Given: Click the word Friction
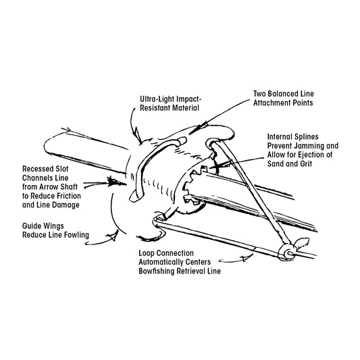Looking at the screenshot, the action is pyautogui.click(x=68, y=196).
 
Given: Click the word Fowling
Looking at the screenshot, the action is pyautogui.click(x=76, y=235).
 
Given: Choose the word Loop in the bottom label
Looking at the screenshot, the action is pyautogui.click(x=145, y=253).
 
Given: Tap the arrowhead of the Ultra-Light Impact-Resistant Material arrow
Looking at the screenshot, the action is pyautogui.click(x=137, y=135).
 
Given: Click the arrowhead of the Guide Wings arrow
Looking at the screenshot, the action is pyautogui.click(x=112, y=236).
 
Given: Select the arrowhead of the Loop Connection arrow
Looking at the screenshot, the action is pyautogui.click(x=247, y=257).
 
